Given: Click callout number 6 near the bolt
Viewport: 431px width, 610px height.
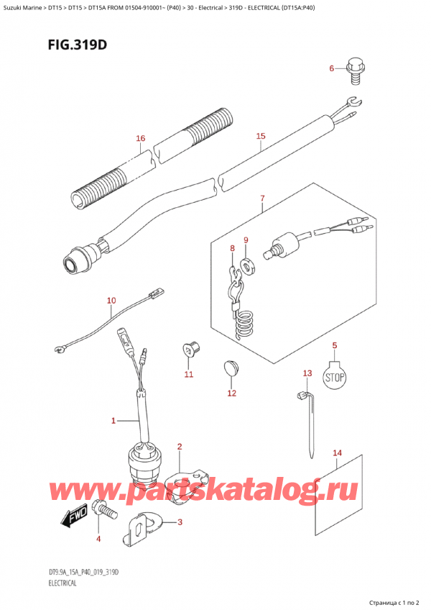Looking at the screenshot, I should point(332,69).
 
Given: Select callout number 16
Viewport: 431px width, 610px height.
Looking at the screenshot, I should point(140,138).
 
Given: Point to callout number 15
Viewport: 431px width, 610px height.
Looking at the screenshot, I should point(260,135).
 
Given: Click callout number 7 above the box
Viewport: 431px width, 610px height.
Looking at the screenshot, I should point(263,198).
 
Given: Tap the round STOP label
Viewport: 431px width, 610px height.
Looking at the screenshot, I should point(333,377).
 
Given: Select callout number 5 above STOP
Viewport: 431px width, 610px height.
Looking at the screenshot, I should point(334,347).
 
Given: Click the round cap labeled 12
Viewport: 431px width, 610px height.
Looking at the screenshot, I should point(230,368).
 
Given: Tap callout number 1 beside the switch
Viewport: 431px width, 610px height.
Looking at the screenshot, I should point(113,420).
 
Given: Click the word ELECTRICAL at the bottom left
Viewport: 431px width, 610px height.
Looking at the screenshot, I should point(60,583).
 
